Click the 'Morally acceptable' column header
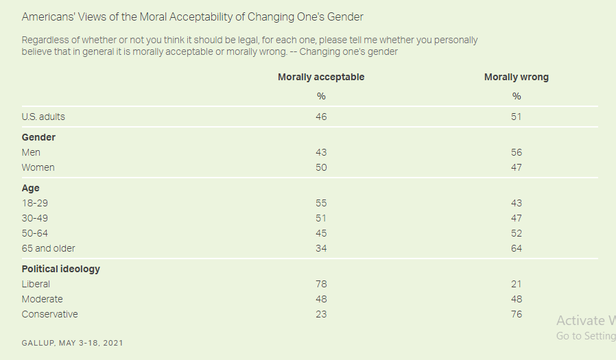321,77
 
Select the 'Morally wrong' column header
516,77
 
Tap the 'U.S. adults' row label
43,117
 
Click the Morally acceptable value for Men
321,152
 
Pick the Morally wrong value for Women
516,167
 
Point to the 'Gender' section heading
38,137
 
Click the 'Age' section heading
31,188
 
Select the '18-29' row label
35,203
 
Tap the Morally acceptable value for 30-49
321,218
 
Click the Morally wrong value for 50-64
516,233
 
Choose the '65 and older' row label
48,248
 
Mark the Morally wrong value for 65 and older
516,248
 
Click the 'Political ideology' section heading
60,269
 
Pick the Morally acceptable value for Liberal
321,284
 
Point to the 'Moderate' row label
42,299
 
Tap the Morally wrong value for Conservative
516,314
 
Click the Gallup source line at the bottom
72,342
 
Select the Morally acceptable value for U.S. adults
321,117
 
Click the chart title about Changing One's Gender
192,16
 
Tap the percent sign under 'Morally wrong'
516,96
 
